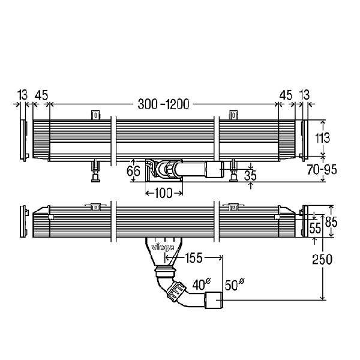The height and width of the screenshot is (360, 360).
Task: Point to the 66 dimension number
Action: [134, 171]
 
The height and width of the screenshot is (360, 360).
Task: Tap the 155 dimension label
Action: [193, 258]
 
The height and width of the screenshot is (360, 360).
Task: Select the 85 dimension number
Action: [331, 221]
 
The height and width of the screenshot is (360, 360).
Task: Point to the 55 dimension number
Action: [315, 228]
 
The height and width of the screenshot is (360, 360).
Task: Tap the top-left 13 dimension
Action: [23, 94]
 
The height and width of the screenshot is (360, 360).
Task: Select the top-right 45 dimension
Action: [286, 94]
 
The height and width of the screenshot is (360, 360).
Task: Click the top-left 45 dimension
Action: [41, 94]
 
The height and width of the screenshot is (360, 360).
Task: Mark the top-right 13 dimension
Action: [305, 94]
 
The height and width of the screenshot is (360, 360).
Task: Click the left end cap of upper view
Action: [25, 140]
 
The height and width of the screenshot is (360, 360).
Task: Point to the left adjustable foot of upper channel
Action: [95, 170]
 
